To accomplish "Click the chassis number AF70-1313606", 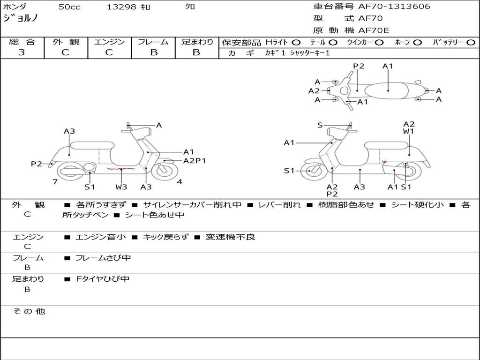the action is [x=394, y=7].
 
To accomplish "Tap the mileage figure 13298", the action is [x=121, y=7].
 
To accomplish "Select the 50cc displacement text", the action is [x=69, y=7].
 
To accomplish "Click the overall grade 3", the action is [x=22, y=52].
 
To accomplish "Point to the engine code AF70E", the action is [x=374, y=30].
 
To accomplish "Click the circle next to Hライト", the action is [x=296, y=43].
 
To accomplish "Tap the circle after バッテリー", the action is [x=471, y=43].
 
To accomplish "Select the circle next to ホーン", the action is [x=418, y=43].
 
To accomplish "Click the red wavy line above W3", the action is [x=121, y=169].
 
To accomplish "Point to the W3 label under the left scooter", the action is [x=121, y=187].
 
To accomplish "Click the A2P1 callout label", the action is [x=195, y=161].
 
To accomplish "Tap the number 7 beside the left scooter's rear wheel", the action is [x=55, y=182].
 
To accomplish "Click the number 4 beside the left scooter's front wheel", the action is [x=180, y=182].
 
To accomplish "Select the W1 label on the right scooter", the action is [x=408, y=131].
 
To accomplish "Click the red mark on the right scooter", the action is [x=384, y=161].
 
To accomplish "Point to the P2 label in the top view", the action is [x=359, y=66].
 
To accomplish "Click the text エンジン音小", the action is [x=101, y=237].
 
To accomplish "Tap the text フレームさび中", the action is [x=103, y=258].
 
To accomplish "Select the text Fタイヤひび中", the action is [x=103, y=279].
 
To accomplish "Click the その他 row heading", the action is [x=29, y=311].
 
